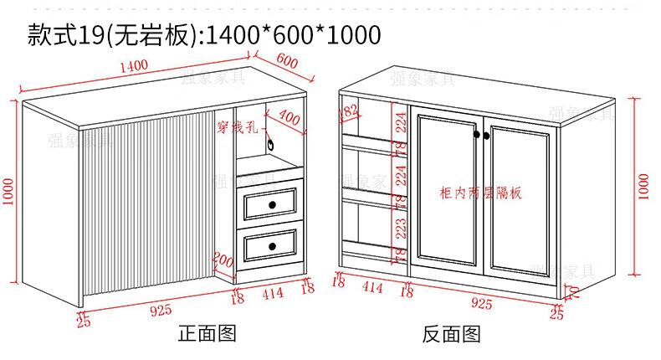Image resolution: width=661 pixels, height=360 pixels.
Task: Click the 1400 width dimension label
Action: (134, 65)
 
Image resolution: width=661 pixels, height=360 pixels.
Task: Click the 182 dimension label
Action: (349, 110)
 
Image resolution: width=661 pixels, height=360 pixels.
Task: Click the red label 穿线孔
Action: (238, 128)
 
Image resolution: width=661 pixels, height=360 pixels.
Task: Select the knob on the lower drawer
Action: (273, 246)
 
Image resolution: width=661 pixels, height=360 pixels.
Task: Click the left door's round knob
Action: (475, 136)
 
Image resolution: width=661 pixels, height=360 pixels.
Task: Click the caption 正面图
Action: (208, 335)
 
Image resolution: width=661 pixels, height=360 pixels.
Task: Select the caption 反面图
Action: (451, 336)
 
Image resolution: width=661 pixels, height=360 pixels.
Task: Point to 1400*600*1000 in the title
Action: (293, 35)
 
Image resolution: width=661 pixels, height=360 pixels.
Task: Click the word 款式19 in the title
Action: (64, 35)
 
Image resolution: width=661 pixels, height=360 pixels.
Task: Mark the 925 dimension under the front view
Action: (161, 311)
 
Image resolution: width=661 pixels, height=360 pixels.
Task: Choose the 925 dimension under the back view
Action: (481, 303)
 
